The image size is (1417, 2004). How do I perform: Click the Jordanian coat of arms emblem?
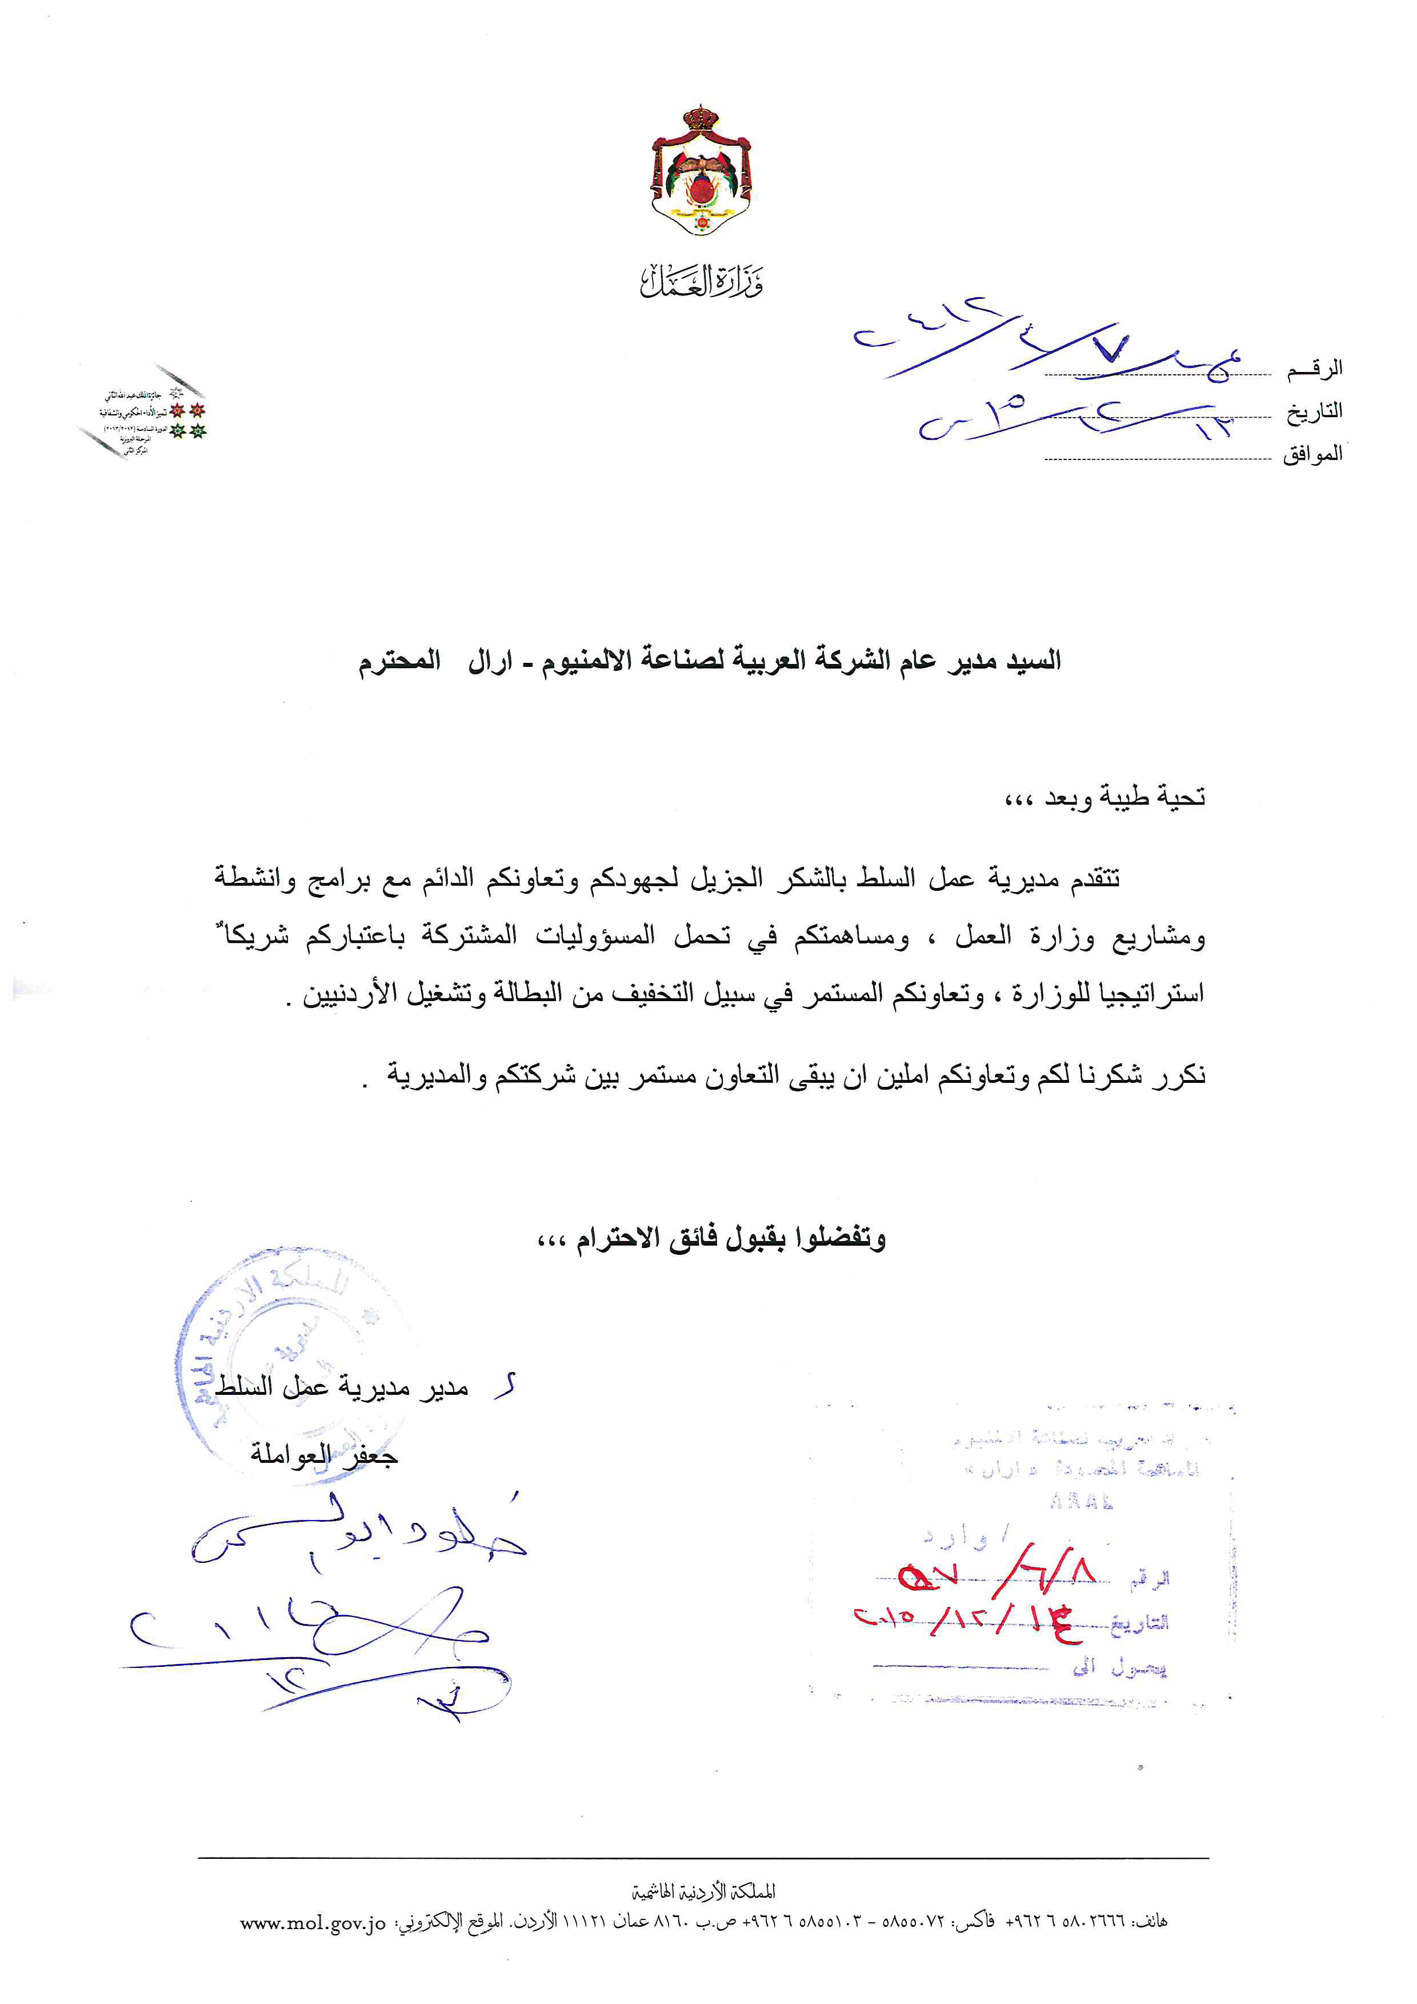click(x=702, y=171)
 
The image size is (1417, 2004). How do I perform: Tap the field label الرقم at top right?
click(x=1314, y=369)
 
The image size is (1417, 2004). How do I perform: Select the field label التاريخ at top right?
click(x=1314, y=412)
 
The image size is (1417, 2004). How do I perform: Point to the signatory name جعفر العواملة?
click(x=324, y=1454)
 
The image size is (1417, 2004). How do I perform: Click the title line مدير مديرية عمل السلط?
click(x=342, y=1387)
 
